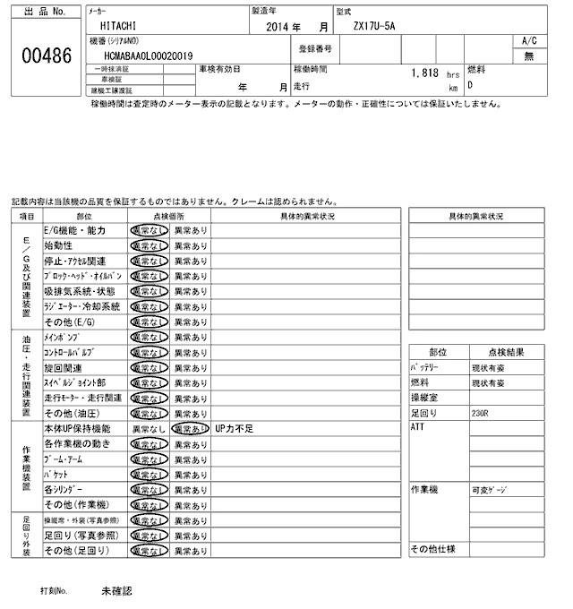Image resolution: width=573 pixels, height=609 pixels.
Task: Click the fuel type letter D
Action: [x=471, y=86]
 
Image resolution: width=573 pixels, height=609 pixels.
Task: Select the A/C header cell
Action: [x=529, y=41]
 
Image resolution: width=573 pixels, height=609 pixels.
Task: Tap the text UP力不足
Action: [x=235, y=429]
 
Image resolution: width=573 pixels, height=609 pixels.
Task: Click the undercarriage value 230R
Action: [x=480, y=413]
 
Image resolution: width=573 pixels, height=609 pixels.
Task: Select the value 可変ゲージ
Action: [x=490, y=491]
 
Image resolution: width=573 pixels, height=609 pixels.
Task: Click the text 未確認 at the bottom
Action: [x=116, y=592]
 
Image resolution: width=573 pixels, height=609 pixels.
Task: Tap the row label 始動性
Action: [x=58, y=245]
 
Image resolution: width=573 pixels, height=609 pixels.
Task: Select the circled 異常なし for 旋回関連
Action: [x=147, y=368]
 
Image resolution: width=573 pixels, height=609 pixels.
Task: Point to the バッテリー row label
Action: [x=424, y=367]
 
